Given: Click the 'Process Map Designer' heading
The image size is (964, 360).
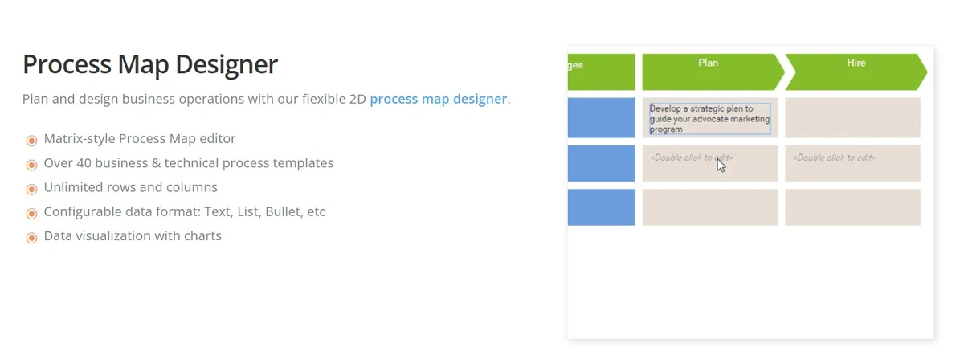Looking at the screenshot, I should pos(150,64).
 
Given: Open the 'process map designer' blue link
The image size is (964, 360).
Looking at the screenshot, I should pos(439,100).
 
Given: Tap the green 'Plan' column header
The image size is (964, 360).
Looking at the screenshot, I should pos(708,72).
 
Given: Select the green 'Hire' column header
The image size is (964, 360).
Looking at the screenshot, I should pos(856,72).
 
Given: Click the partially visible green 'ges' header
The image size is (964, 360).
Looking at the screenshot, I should pos(601,72).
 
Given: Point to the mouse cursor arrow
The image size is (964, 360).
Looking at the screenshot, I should pos(721,165).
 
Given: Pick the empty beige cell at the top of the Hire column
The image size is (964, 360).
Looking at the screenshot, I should pos(852,118).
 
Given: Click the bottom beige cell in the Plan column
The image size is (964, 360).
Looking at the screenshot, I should pos(709,207).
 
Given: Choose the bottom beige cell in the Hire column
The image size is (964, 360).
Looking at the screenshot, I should pos(852,207).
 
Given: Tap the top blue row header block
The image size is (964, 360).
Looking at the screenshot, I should pos(601,118).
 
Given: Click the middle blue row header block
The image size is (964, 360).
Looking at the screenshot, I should pos(601,163).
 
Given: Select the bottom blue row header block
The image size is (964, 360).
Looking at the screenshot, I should pos(601,207).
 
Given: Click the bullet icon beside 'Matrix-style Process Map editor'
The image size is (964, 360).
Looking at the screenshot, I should pos(32,141).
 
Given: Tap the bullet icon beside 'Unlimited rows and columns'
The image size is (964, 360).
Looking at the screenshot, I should pos(32,189).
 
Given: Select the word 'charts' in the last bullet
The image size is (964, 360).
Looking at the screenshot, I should pos(202,236).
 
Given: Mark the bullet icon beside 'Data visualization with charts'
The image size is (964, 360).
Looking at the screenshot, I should pos(32,238).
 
